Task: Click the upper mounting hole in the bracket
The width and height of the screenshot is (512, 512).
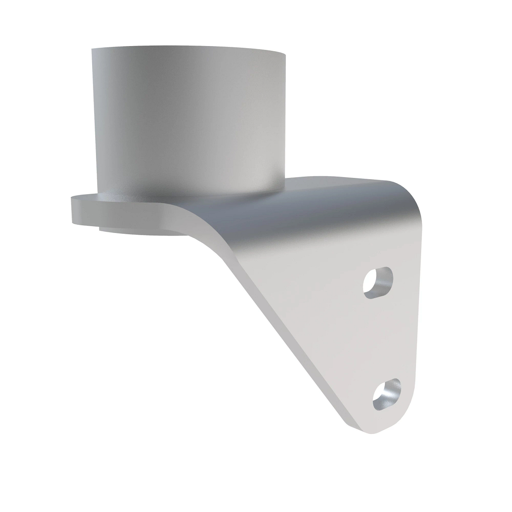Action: pyautogui.click(x=378, y=282)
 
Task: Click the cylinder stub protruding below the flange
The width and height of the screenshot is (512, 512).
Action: pyautogui.click(x=141, y=231)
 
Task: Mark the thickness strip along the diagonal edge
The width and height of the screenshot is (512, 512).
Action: pyautogui.click(x=273, y=324)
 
